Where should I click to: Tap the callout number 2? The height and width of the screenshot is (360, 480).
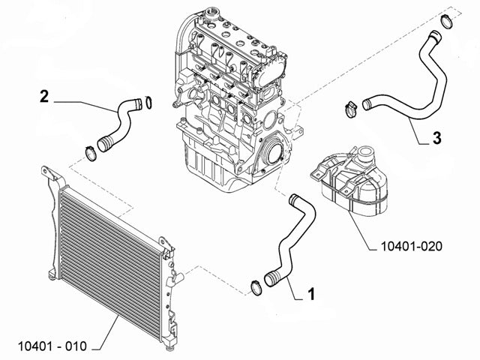click(44, 96)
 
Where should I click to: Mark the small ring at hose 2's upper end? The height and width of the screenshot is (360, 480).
click(148, 102)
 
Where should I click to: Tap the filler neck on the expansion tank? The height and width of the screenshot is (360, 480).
click(365, 159)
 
